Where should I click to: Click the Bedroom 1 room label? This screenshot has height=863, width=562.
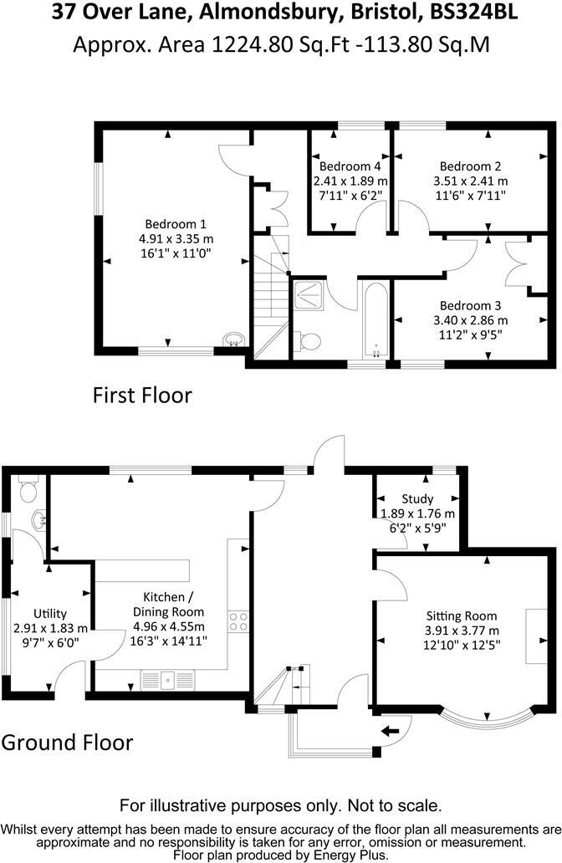coord(176,224)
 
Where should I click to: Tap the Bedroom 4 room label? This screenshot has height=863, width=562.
coord(350,166)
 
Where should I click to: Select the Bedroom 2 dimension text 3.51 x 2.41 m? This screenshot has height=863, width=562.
coord(470,181)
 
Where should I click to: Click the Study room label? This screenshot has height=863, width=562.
coord(418,499)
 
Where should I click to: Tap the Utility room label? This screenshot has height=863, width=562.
coord(50,614)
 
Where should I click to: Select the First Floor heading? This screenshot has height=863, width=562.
coord(141,395)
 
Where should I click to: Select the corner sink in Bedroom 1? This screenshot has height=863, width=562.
coord(233,338)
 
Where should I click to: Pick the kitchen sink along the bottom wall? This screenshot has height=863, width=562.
coord(166,679)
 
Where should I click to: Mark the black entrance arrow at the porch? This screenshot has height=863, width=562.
coord(390,732)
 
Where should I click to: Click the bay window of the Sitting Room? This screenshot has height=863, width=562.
coord(485,717)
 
